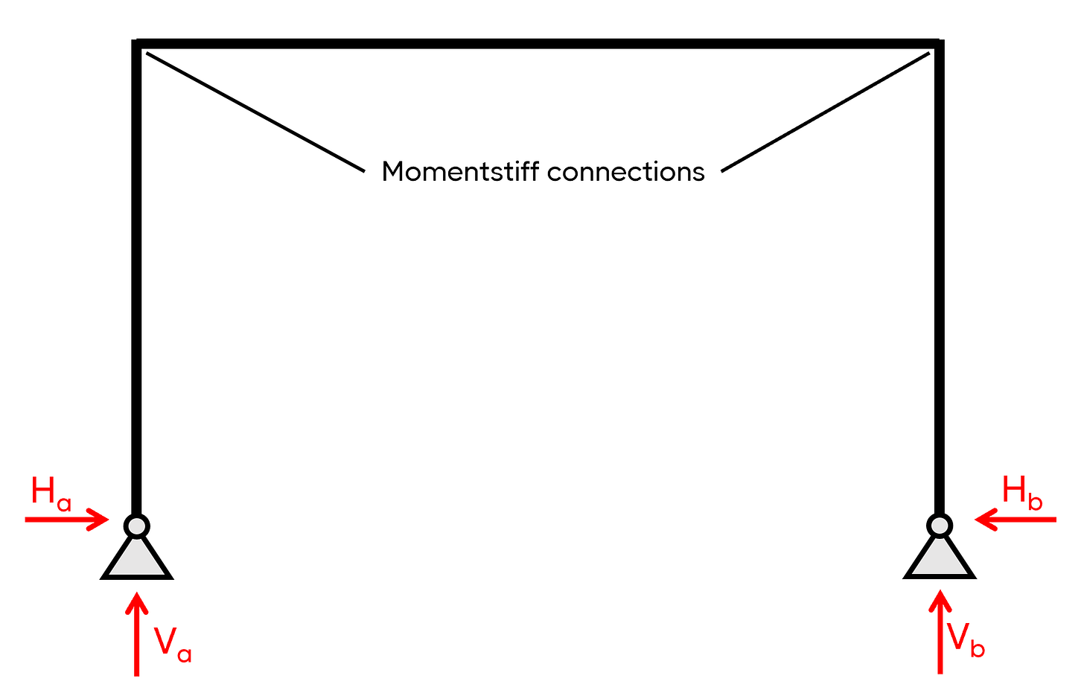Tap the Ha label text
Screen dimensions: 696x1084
[51, 493]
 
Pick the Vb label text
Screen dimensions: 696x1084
[966, 639]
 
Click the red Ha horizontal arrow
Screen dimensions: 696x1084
[67, 519]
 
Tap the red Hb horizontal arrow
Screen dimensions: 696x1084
[1016, 519]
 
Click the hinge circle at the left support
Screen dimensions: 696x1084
[136, 526]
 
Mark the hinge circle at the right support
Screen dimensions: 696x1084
[940, 526]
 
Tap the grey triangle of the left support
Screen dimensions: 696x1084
[136, 560]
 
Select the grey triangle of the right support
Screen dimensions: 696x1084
[940, 560]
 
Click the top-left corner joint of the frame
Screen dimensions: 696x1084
[137, 45]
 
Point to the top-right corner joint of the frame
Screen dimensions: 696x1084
[940, 45]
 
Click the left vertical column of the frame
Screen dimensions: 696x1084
[136, 283]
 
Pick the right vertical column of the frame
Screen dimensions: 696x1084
[940, 283]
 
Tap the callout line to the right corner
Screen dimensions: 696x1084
[826, 112]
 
